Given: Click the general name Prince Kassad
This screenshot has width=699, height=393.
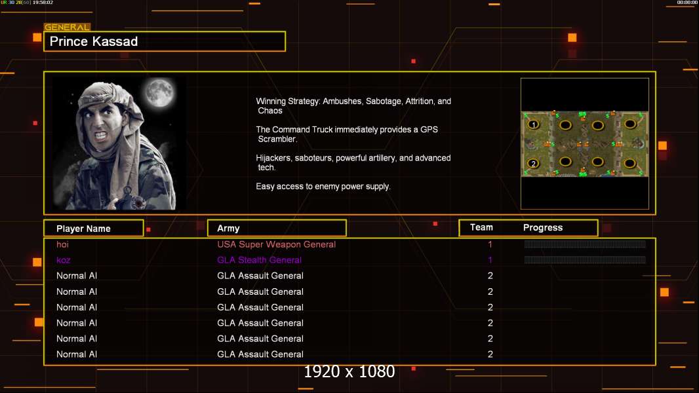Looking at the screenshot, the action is pos(94,41).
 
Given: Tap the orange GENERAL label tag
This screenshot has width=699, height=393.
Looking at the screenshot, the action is pos(67,27).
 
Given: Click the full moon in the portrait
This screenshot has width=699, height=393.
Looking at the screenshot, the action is pos(159,92).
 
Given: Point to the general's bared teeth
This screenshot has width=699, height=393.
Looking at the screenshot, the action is pos(102,134).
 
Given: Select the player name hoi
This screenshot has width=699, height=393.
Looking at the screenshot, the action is pos(62,244).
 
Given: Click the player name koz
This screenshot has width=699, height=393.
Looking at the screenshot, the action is pos(64,260).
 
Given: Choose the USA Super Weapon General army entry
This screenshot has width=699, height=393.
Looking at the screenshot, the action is pos(277,244).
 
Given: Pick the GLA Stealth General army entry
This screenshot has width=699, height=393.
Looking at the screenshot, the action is pos(260,260).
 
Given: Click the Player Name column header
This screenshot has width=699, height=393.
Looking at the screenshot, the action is pos(83,229).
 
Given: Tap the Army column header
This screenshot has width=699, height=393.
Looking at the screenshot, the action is pos(228,229).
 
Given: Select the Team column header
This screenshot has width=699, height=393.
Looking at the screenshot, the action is pos(481,227).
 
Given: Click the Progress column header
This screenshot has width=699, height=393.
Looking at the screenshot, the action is pos(543,228).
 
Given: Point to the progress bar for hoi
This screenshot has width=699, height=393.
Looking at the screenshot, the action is pos(585,244).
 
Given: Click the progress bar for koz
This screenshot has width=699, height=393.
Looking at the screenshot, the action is pos(585,259).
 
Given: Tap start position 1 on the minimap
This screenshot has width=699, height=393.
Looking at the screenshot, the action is pos(533,124).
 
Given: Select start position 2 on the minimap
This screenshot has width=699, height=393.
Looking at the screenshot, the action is pos(533,163).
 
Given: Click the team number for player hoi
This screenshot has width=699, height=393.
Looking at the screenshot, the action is pos(490,244).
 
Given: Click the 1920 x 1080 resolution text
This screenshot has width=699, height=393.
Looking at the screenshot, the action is pos(349,371).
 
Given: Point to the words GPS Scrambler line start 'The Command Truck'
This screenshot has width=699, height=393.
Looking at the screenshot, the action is pos(347,134).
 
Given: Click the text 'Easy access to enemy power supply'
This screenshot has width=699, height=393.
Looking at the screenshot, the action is pos(323,187).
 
